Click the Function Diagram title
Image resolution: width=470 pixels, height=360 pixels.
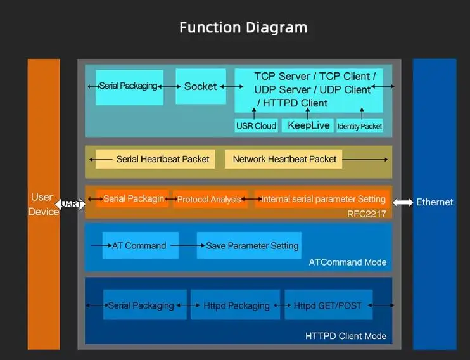pyautogui.click(x=243, y=28)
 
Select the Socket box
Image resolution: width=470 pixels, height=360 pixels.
pyautogui.click(x=201, y=86)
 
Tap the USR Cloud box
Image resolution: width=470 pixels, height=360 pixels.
pyautogui.click(x=257, y=125)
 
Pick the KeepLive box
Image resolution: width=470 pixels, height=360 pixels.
pyautogui.click(x=308, y=125)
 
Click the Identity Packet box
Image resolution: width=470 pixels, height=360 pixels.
pyautogui.click(x=360, y=126)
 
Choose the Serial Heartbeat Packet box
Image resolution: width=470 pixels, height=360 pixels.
pyautogui.click(x=155, y=159)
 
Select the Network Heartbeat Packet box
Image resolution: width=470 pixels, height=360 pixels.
pyautogui.click(x=283, y=159)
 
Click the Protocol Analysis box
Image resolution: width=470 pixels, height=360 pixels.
pyautogui.click(x=210, y=199)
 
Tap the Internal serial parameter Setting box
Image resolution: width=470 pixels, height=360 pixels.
pyautogui.click(x=322, y=199)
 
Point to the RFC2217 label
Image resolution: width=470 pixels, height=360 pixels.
pyautogui.click(x=367, y=214)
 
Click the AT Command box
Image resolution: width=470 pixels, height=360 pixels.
pyautogui.click(x=141, y=245)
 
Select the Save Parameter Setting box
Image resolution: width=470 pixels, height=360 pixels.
pyautogui.click(x=249, y=245)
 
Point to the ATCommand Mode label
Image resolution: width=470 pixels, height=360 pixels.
pyautogui.click(x=348, y=262)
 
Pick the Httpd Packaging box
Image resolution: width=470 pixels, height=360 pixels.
pyautogui.click(x=235, y=305)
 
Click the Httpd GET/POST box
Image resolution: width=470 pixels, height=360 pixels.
pyautogui.click(x=329, y=305)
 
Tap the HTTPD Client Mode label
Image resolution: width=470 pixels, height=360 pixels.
pyautogui.click(x=346, y=336)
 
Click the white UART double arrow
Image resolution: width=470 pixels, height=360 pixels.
pyautogui.click(x=70, y=204)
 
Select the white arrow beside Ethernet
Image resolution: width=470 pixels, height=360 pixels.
pyautogui.click(x=403, y=203)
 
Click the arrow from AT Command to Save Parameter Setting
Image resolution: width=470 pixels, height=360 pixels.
pyautogui.click(x=188, y=245)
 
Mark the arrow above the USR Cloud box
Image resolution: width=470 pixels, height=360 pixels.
pyautogui.click(x=254, y=113)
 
